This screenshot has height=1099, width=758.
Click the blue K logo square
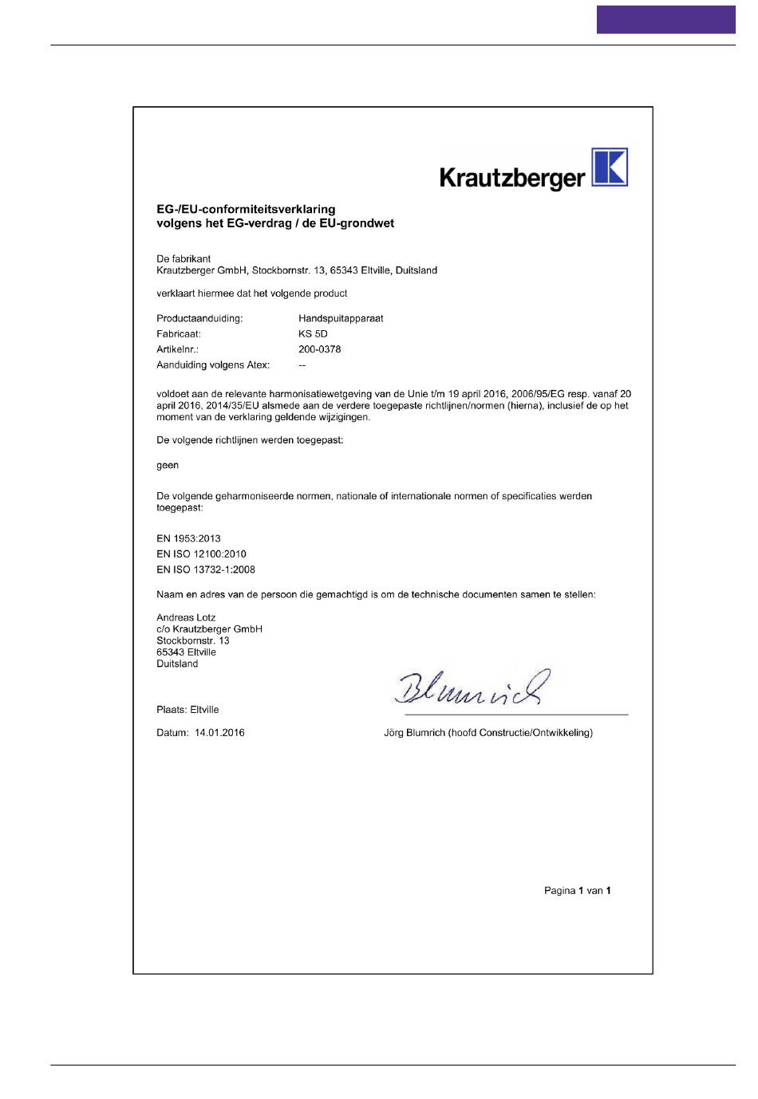[610, 167]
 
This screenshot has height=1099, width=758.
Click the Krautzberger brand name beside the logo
[512, 176]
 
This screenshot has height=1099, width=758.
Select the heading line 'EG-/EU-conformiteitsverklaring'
[246, 210]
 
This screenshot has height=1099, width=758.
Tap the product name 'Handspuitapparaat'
[341, 318]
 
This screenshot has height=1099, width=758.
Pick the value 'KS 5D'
[313, 334]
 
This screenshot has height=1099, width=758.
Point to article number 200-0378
[319, 349]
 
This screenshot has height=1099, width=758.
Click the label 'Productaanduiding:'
[199, 318]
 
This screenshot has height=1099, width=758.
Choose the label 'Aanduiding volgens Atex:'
[213, 365]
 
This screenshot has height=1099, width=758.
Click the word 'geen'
[168, 465]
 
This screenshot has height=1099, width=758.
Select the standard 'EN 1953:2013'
[188, 538]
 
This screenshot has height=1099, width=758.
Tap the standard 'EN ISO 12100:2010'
[201, 553]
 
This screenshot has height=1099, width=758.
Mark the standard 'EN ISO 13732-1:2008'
[206, 569]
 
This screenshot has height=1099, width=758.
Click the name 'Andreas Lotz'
[186, 617]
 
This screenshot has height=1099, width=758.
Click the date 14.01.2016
[219, 733]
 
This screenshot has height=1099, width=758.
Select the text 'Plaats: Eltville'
[188, 710]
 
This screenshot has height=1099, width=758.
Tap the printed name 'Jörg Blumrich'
[414, 733]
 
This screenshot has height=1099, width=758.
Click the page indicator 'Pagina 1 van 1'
[577, 891]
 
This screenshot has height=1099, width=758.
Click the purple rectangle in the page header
[665, 19]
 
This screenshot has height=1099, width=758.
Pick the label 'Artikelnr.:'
[177, 349]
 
